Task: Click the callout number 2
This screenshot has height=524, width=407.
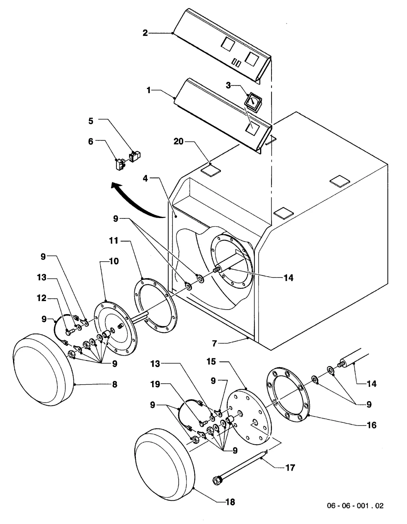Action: click(145, 33)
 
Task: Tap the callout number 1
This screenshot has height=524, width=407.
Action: click(149, 90)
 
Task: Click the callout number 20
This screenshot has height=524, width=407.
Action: click(179, 142)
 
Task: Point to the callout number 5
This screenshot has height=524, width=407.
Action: click(91, 121)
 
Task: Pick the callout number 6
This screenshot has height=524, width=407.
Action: click(91, 142)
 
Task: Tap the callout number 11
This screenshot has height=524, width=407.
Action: click(114, 241)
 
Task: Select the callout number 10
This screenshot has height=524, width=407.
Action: click(114, 261)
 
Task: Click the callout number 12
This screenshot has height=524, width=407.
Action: click(42, 298)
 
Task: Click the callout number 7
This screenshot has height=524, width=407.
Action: click(214, 343)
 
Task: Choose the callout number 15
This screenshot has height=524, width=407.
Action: click(211, 362)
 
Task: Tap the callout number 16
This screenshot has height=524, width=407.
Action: click(372, 425)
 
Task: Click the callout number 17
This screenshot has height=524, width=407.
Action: click(290, 468)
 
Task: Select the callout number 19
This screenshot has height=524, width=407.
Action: click(155, 384)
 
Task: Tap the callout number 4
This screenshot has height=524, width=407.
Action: click(145, 179)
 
